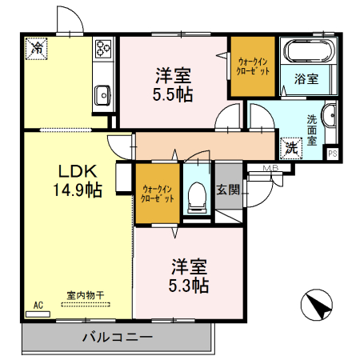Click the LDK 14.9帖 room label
78,180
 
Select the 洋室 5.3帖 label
190,274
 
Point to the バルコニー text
117,338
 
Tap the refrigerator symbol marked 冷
36,49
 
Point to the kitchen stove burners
103,50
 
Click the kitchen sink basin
103,96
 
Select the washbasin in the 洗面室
330,113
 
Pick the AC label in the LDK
38,305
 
